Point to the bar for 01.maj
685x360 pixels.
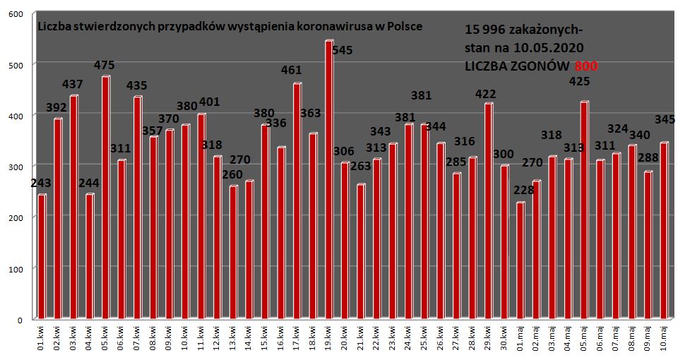click(520, 260)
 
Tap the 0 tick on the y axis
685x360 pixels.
click(20, 320)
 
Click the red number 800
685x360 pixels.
click(586, 65)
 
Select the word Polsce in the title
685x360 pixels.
click(403, 26)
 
